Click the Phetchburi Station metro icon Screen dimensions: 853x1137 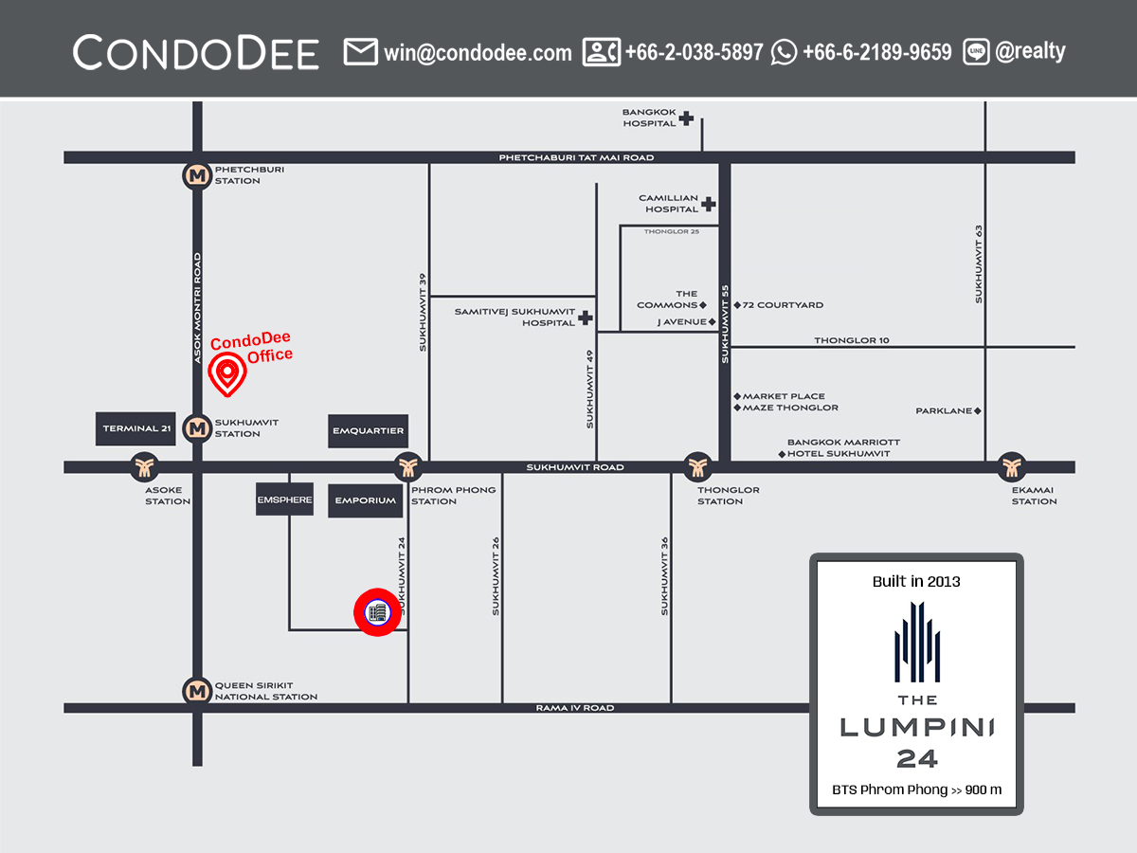click(197, 175)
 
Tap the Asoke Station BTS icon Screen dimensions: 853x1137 click(145, 466)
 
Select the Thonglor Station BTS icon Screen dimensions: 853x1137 click(697, 466)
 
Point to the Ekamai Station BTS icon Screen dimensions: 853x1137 click(1012, 466)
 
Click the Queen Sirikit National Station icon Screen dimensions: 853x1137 click(197, 691)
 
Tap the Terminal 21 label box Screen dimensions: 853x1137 click(137, 429)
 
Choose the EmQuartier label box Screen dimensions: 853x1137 click(369, 431)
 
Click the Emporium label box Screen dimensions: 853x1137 click(365, 500)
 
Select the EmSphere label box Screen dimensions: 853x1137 click(284, 499)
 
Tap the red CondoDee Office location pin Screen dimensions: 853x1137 click(227, 374)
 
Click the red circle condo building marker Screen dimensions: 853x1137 click(377, 612)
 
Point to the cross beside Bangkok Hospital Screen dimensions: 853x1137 click(686, 118)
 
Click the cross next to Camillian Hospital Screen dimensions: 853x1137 click(709, 204)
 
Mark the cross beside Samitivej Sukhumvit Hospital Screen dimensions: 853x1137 click(586, 318)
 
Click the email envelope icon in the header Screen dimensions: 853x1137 click(360, 52)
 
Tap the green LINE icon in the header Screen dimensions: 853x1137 click(976, 52)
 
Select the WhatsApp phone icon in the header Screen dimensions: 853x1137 click(784, 52)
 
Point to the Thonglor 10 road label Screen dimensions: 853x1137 click(852, 340)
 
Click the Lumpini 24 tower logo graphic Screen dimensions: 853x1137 click(916, 644)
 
